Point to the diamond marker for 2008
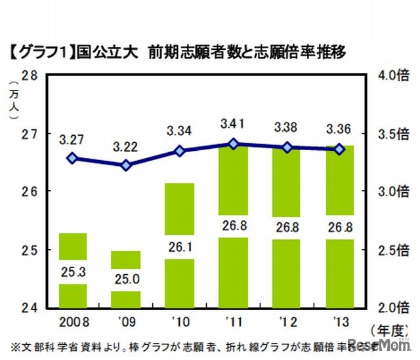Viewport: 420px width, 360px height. tap(73, 158)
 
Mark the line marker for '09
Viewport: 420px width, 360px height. tap(127, 165)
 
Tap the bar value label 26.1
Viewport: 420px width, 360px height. tap(178, 247)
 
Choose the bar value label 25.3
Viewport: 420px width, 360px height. tap(73, 271)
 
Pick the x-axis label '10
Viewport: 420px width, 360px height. tap(179, 322)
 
